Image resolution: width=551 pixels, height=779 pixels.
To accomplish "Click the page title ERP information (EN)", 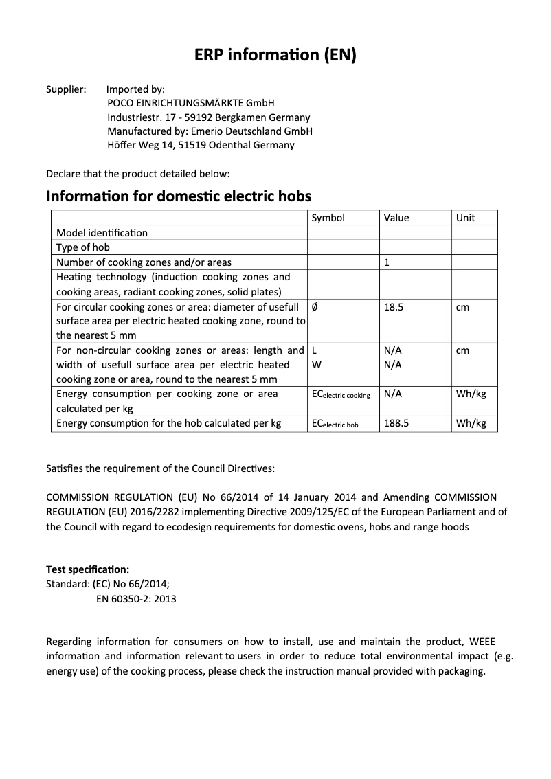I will click(x=275, y=56).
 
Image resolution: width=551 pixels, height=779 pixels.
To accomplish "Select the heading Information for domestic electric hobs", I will click(x=179, y=196).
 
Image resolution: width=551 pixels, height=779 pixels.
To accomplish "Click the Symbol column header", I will click(x=328, y=218).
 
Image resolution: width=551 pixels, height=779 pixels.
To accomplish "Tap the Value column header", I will click(x=396, y=218).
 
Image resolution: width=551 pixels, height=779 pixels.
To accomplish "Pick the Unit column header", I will click(x=466, y=218).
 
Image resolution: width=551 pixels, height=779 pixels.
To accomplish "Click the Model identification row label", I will click(x=102, y=233).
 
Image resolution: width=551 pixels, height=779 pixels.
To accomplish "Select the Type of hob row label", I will click(x=83, y=247).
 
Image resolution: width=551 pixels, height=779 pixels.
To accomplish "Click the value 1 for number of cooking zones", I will click(x=387, y=262).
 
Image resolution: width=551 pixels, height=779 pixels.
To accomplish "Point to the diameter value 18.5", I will click(x=394, y=307).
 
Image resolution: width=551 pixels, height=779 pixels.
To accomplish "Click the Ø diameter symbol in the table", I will click(x=315, y=307).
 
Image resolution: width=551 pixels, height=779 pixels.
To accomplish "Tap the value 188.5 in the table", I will click(x=396, y=424).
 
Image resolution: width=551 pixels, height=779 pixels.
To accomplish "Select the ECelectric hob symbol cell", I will click(x=335, y=424).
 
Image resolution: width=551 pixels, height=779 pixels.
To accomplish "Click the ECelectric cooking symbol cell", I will click(x=341, y=394).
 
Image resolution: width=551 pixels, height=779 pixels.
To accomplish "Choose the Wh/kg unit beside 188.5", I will click(x=471, y=424).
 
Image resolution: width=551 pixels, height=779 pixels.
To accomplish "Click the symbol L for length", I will click(x=314, y=350).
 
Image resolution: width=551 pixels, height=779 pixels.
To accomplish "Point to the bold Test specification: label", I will click(x=87, y=569).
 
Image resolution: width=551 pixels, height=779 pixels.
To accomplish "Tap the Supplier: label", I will click(x=66, y=89).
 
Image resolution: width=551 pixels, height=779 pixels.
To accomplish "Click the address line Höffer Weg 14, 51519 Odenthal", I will click(x=201, y=145).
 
